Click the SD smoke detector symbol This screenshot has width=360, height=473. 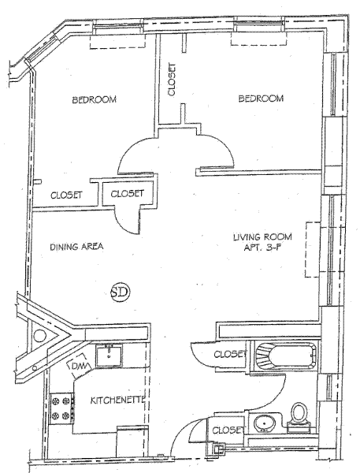pyautogui.click(x=121, y=292)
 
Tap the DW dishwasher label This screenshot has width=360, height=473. pyautogui.click(x=80, y=367)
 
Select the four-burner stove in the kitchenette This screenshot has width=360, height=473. pyautogui.click(x=62, y=408)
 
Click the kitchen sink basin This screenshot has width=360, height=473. pyautogui.click(x=109, y=356)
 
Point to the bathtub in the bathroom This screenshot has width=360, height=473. pyautogui.click(x=285, y=356)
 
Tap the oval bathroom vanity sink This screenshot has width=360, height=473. pyautogui.click(x=264, y=424)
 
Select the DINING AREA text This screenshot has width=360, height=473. pyautogui.click(x=76, y=247)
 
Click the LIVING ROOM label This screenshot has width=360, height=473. pyautogui.click(x=262, y=236)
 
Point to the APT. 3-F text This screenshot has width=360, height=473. pyautogui.click(x=262, y=248)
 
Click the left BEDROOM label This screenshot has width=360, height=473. pyautogui.click(x=94, y=99)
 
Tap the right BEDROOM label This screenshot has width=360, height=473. pyautogui.click(x=261, y=99)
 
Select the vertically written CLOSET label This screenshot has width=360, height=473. pyautogui.click(x=172, y=79)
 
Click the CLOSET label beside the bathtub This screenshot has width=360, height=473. pyautogui.click(x=230, y=354)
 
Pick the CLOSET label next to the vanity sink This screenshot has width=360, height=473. pyautogui.click(x=228, y=430)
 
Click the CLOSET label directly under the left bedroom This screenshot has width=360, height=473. pyautogui.click(x=66, y=195)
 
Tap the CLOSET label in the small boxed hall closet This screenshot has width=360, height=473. pyautogui.click(x=127, y=193)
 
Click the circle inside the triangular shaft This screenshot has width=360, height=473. pyautogui.click(x=40, y=335)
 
